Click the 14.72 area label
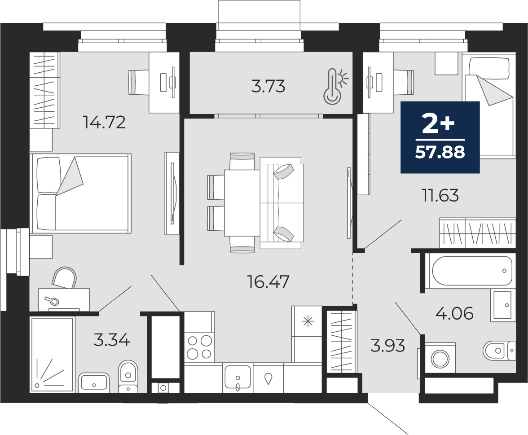click(x=104, y=122)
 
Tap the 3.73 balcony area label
click(x=268, y=86)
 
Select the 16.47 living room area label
click(x=268, y=281)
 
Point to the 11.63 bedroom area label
click(x=440, y=195)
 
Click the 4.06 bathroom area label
click(x=454, y=313)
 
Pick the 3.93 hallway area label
click(x=387, y=346)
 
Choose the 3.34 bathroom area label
click(x=112, y=340)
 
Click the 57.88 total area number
click(x=440, y=153)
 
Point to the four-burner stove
click(x=199, y=347)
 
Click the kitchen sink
click(x=238, y=378)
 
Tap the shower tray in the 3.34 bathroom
click(x=52, y=355)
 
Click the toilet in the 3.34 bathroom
click(x=128, y=376)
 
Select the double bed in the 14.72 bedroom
click(x=80, y=193)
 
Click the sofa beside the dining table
click(x=282, y=203)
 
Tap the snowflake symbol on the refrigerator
click(x=308, y=321)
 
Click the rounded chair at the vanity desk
click(x=64, y=278)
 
